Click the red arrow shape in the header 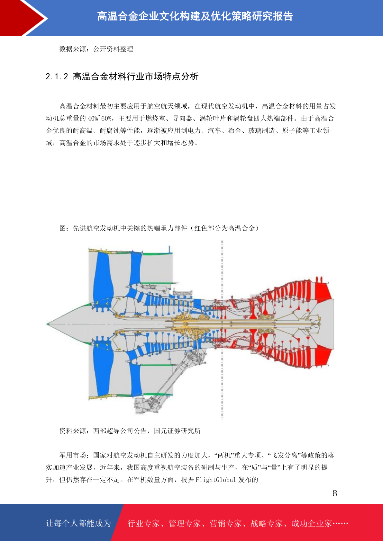click(x=19, y=18)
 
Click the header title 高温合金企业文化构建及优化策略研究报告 click(x=195, y=16)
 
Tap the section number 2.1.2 click(x=57, y=77)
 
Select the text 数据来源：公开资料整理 click(x=96, y=49)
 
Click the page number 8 click(x=335, y=493)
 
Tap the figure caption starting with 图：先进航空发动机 click(x=159, y=228)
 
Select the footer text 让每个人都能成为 click(x=78, y=523)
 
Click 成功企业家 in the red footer click(x=311, y=523)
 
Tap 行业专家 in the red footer click(x=144, y=523)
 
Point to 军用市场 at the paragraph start click(x=73, y=455)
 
